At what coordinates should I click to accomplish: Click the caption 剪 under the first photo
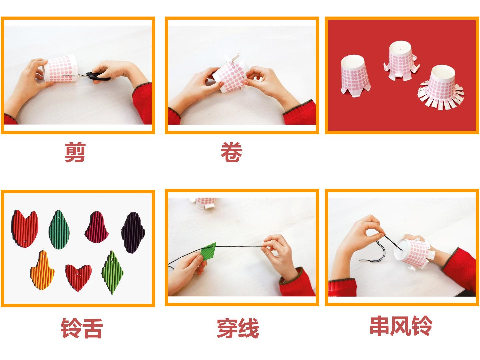point(75,152)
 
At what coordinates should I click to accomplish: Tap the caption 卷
point(231,152)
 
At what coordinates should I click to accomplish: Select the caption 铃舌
point(82,328)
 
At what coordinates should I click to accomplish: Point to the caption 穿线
point(238,328)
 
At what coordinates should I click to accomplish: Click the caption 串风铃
point(401,326)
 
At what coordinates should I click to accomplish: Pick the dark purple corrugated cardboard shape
point(133,233)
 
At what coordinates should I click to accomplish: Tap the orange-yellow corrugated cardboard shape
point(42,270)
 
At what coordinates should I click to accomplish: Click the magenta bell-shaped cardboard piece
point(96,227)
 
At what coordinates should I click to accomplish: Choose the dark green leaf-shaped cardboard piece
point(59,230)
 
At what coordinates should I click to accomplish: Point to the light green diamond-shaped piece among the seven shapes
point(113,272)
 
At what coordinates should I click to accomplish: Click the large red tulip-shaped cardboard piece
point(25,229)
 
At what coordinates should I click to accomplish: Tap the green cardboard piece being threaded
point(208,251)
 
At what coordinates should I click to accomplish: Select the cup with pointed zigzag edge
point(355,76)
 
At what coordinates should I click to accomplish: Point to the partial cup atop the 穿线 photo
point(203,203)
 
